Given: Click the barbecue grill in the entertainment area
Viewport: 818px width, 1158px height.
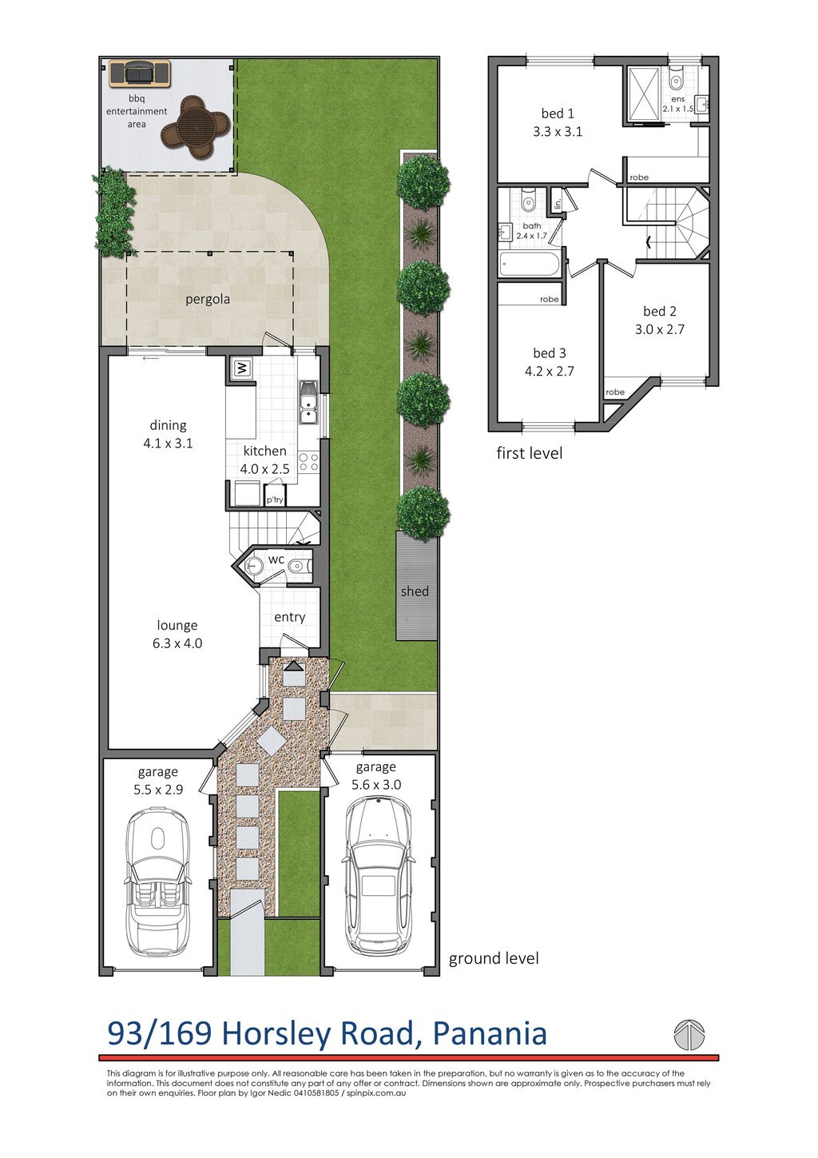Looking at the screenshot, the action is (139, 74).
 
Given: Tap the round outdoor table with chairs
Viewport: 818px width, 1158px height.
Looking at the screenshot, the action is (195, 126).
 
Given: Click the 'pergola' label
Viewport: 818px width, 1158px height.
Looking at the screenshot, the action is (208, 300).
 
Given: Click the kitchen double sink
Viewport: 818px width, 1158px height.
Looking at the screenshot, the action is (308, 402).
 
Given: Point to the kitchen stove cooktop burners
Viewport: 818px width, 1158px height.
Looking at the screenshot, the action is (309, 462).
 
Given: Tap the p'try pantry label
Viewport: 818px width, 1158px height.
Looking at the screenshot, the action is (275, 500).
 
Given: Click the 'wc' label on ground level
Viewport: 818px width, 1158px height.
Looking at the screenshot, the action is (276, 559).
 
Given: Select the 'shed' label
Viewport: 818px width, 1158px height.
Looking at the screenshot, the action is (415, 591).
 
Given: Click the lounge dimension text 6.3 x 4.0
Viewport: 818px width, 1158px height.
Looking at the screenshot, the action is (177, 643).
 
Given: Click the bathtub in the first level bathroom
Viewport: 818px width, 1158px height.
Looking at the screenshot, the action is (530, 265).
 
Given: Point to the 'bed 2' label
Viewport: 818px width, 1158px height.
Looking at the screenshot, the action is (660, 311).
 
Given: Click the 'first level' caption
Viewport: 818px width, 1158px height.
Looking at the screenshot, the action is (530, 453).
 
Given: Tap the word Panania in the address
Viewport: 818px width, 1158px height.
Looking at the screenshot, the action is (490, 1033).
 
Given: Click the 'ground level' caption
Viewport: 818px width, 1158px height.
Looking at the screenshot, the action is (494, 959).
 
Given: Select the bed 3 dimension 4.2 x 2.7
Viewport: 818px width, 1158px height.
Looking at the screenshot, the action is (550, 371).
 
